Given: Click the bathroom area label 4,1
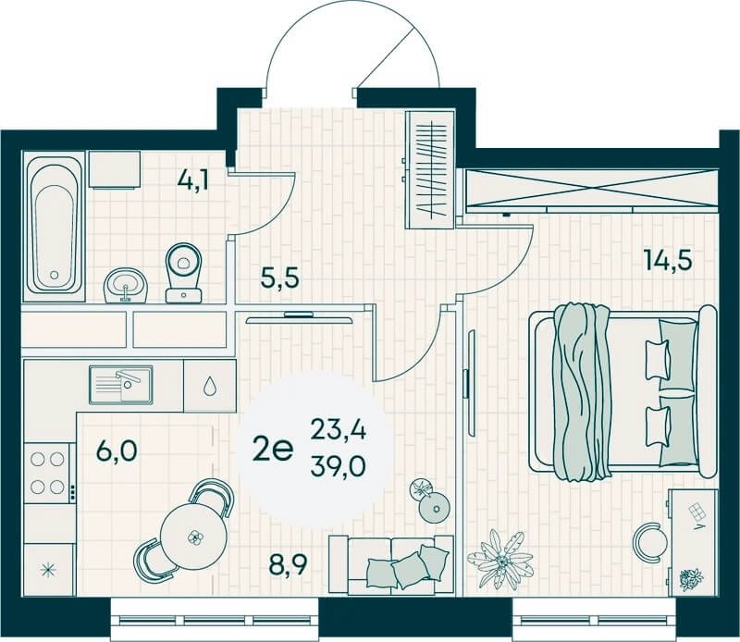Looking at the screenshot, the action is point(193,179).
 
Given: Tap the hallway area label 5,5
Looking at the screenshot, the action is point(280,278).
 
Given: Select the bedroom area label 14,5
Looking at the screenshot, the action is point(668,260).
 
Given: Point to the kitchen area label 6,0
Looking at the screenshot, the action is point(117,451).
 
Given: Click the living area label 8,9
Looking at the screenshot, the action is point(288,564).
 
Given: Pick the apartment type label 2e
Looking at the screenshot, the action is point(273,450).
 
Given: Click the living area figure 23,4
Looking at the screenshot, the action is point(339,431).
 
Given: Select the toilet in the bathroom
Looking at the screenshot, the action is point(183,273).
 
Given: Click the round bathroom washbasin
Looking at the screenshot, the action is point(126,285).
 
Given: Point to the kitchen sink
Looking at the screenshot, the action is point(121,385).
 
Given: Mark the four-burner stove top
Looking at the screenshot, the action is point(47,473).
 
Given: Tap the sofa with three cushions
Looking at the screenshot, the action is point(391,563).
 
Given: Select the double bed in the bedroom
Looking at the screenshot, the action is point(623,391).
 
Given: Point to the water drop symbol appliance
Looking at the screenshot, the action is point(210,386).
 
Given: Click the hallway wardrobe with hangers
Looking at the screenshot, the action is point(430,170).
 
